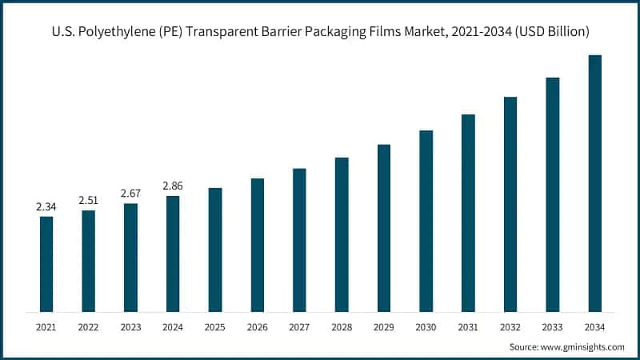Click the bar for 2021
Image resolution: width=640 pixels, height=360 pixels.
[x=46, y=264]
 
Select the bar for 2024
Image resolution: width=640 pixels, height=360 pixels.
[x=173, y=254]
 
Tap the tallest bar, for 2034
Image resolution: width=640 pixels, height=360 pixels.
[x=594, y=183]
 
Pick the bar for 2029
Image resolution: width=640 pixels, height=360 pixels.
[x=384, y=228]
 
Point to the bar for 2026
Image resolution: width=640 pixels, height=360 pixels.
[x=257, y=245]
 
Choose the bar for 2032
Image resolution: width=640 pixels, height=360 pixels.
[x=510, y=204]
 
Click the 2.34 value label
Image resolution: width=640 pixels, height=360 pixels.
[x=46, y=207]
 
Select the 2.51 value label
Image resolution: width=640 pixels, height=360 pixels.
[x=88, y=201]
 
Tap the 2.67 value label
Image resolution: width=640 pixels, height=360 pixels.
[x=130, y=194]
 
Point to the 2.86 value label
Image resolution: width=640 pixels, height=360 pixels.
[x=173, y=186]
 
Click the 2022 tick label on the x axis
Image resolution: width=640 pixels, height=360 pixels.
[x=88, y=328]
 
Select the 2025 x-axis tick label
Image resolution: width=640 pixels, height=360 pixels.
[x=215, y=328]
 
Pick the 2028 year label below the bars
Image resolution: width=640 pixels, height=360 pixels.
[x=342, y=328]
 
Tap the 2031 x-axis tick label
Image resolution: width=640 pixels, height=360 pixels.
[x=468, y=328]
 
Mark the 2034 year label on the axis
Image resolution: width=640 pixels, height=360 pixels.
[x=594, y=328]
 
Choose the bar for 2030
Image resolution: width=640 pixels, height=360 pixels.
[x=426, y=221]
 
